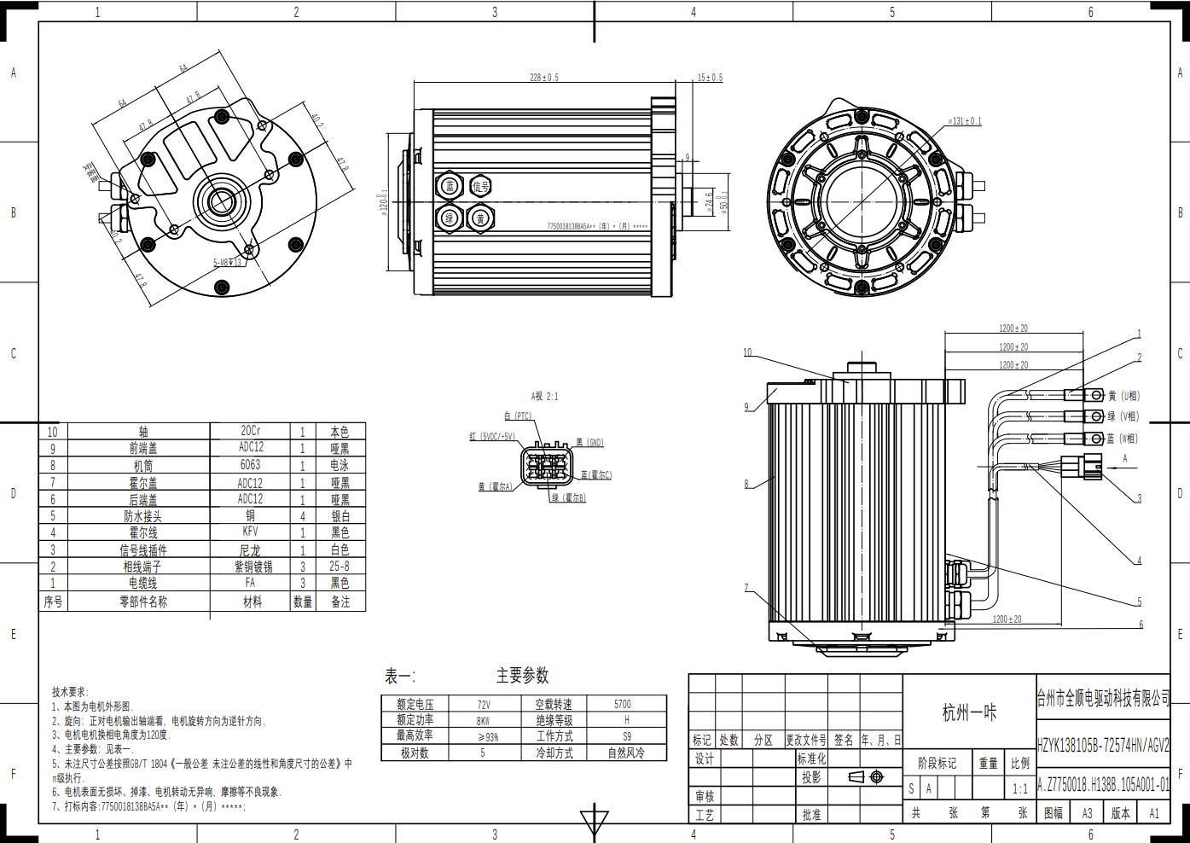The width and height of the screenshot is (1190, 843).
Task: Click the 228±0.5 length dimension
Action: [544, 78]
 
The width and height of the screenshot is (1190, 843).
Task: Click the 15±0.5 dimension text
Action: [709, 78]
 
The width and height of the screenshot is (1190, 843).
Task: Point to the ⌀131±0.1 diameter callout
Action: [965, 121]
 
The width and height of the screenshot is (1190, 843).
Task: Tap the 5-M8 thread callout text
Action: [228, 263]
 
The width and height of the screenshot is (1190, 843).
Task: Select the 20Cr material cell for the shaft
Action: [251, 431]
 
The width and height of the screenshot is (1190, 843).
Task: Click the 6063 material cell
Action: [251, 465]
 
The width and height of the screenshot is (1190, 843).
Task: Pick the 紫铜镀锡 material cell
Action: [253, 567]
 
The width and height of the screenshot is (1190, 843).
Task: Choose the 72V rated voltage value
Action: [484, 705]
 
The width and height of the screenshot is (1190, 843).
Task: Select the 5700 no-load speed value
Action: [623, 705]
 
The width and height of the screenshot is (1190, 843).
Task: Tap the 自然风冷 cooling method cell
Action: [626, 753]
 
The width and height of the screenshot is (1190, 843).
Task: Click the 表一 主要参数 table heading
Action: [467, 676]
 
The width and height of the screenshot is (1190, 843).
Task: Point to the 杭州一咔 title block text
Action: [969, 713]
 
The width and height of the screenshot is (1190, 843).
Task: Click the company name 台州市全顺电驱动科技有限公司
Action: [1102, 699]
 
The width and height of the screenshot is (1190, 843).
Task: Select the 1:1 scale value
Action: [1019, 789]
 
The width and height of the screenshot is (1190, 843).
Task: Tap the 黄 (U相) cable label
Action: [1123, 396]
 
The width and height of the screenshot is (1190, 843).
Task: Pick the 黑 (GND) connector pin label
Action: [589, 443]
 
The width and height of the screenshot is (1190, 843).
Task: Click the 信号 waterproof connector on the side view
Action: [481, 186]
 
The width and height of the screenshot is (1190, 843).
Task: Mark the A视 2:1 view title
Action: [544, 397]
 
